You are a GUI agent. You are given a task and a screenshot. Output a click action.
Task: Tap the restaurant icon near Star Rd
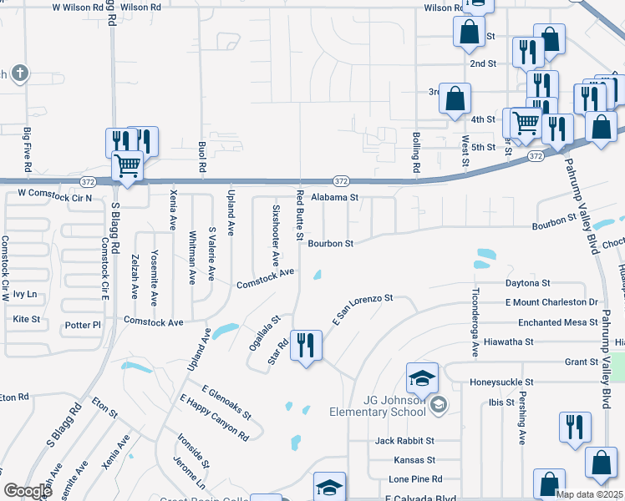[305, 345]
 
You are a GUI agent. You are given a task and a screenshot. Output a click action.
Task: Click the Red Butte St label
[300, 215]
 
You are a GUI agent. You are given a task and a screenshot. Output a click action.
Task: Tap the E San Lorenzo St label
[362, 309]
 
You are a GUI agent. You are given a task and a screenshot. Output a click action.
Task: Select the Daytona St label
[528, 284]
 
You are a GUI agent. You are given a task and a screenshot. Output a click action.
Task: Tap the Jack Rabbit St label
[405, 440]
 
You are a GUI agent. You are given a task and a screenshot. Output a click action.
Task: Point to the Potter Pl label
[84, 324]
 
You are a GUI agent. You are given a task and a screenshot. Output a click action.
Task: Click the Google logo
[28, 491]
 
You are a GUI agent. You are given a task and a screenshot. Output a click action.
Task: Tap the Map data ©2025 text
[588, 494]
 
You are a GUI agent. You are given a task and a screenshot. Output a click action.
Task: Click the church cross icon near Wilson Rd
[20, 73]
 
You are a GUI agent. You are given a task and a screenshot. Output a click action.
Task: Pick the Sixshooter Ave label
[274, 234]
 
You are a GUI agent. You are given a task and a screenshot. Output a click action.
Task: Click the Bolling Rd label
[415, 152]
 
